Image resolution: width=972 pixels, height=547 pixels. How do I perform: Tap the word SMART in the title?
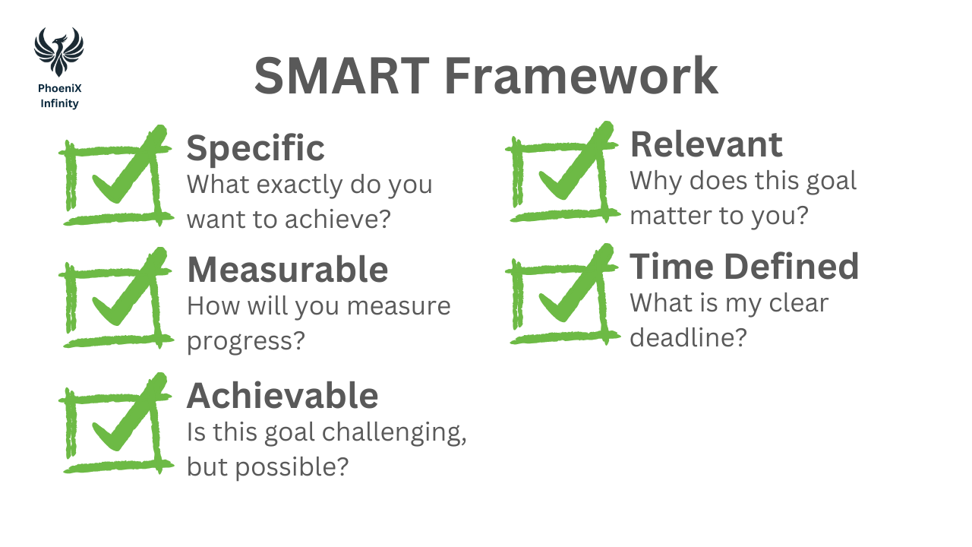(342, 76)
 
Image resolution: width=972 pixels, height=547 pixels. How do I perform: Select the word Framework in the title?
(582, 76)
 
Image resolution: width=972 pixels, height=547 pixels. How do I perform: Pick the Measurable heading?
(287, 270)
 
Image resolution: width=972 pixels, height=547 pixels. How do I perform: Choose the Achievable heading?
(282, 396)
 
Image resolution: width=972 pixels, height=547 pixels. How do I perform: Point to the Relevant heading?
(706, 144)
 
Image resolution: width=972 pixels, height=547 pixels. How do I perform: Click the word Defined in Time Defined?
(791, 267)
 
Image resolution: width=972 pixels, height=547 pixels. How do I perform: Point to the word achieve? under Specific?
(338, 219)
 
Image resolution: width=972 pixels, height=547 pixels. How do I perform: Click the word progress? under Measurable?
(246, 342)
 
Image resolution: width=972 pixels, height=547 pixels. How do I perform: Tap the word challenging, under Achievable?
(394, 433)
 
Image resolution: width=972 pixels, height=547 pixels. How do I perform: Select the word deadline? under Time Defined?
(688, 338)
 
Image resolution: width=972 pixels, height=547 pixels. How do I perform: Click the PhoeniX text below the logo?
(60, 88)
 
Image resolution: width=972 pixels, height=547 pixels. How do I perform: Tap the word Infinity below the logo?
(59, 104)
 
